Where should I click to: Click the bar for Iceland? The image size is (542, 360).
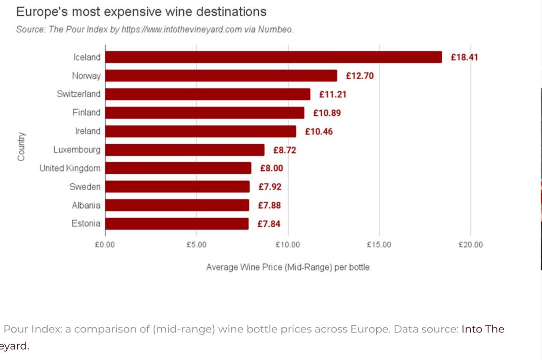(273, 57)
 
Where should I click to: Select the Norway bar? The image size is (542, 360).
(221, 75)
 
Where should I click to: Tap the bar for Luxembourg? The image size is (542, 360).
(185, 150)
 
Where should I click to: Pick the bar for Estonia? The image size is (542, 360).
(177, 224)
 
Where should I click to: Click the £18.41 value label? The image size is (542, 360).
(464, 57)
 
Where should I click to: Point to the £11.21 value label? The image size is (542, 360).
(332, 94)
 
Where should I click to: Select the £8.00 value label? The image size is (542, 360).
(271, 168)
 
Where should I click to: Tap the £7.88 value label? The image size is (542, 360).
(269, 206)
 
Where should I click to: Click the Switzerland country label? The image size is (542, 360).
(79, 94)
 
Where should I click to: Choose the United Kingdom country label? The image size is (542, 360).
(70, 168)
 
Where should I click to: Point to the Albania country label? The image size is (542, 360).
(86, 205)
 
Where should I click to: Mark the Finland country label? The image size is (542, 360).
(86, 112)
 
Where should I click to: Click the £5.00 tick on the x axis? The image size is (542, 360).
(196, 245)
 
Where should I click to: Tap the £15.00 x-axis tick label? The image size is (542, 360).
(379, 245)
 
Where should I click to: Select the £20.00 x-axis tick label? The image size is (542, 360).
(470, 245)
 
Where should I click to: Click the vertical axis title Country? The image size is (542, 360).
(21, 146)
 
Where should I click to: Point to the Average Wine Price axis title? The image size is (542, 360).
(288, 267)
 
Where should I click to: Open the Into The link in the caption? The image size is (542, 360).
(482, 329)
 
